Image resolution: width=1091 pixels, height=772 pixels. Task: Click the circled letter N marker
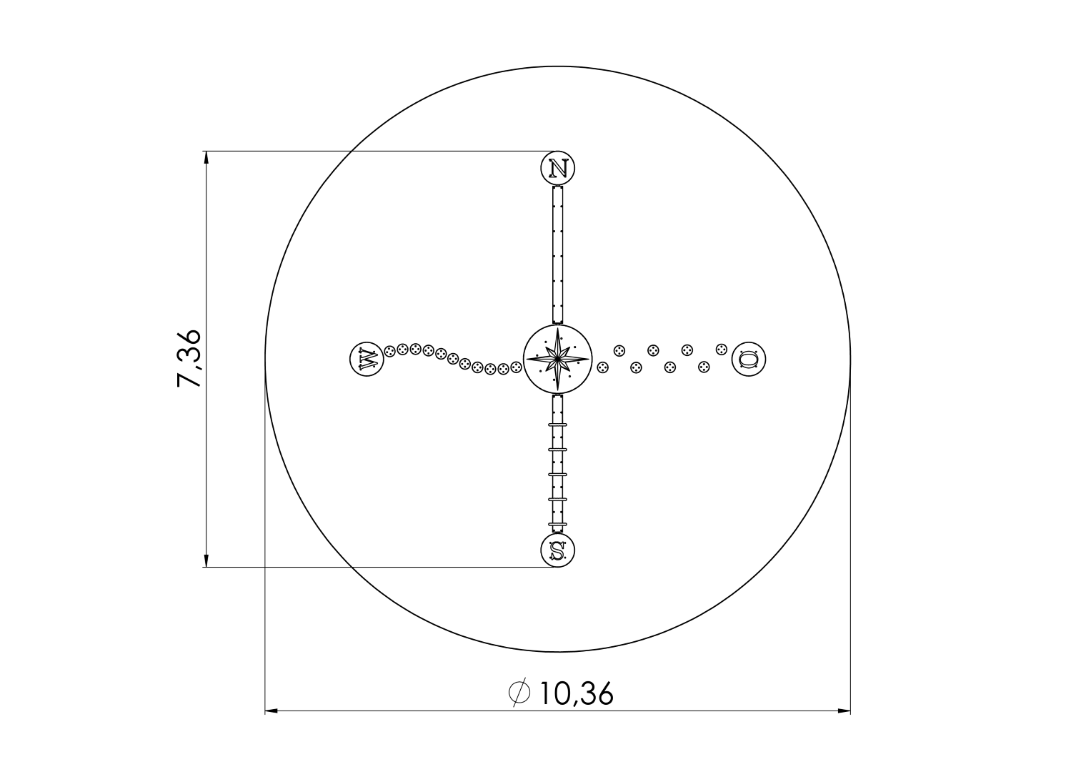[558, 169]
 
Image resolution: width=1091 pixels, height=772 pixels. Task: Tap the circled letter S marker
[558, 550]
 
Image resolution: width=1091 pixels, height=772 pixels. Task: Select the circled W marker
[367, 358]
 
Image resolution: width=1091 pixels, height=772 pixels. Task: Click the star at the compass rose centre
[557, 358]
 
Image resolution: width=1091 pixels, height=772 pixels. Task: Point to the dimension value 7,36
[189, 359]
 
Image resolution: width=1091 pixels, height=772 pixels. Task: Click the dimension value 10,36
[577, 693]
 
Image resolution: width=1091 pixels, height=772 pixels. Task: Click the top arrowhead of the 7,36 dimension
[206, 158]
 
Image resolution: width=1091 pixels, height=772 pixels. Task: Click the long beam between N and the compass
[558, 254]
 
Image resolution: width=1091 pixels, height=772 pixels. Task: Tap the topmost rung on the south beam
[558, 425]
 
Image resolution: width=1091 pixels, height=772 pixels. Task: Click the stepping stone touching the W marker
[390, 351]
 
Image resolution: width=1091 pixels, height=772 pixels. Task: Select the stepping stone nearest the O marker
[721, 349]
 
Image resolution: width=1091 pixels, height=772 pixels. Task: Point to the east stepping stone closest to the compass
[603, 367]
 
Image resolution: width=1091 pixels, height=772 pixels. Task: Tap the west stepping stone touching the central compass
[516, 367]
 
